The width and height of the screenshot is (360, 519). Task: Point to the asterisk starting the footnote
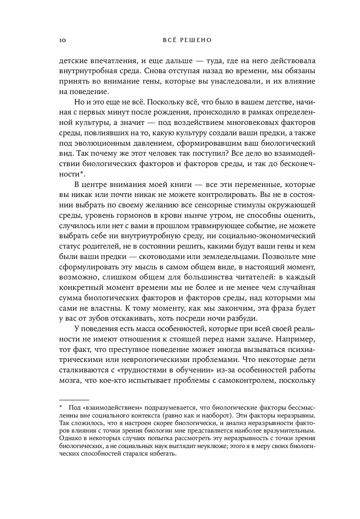point(61,407)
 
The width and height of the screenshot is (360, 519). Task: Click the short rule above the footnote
point(73,399)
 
